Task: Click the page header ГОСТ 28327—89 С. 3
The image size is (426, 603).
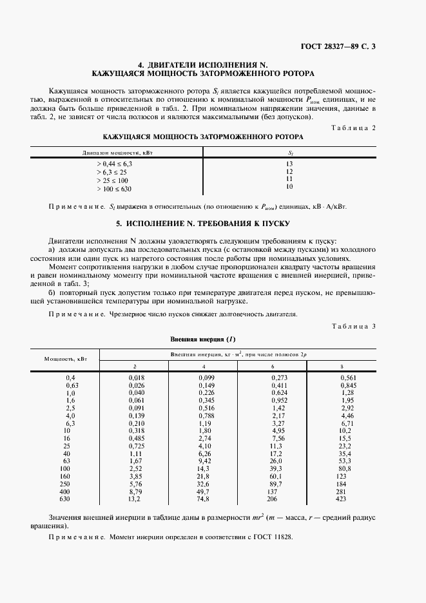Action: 342,46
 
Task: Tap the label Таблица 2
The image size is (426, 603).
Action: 353,128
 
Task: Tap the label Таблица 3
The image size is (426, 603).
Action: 353,326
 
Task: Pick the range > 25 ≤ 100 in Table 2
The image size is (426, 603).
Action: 112,180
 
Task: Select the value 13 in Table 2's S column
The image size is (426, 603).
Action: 289,164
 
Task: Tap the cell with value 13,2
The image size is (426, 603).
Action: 134,498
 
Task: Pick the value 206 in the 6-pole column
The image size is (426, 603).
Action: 276,498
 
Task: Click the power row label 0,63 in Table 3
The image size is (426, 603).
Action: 71,386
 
